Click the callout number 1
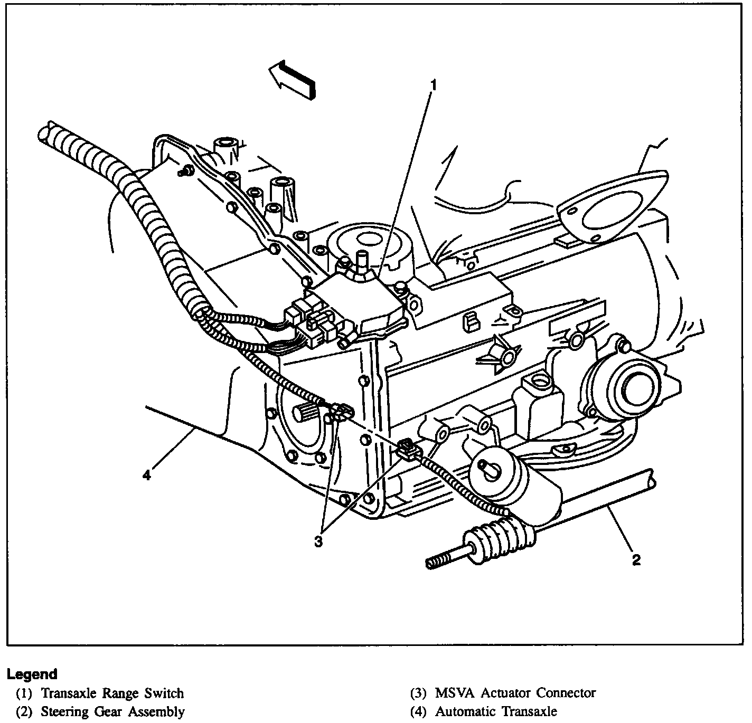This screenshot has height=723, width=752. click(433, 85)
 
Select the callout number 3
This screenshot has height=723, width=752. click(317, 542)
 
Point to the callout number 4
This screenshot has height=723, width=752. click(146, 475)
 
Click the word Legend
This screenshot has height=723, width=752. click(32, 674)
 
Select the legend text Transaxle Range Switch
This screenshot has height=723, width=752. click(112, 693)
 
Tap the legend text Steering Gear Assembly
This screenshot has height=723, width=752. click(112, 711)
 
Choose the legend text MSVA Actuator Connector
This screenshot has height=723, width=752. click(515, 693)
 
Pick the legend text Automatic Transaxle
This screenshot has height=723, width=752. click(496, 711)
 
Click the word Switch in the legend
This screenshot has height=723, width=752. click(164, 693)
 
